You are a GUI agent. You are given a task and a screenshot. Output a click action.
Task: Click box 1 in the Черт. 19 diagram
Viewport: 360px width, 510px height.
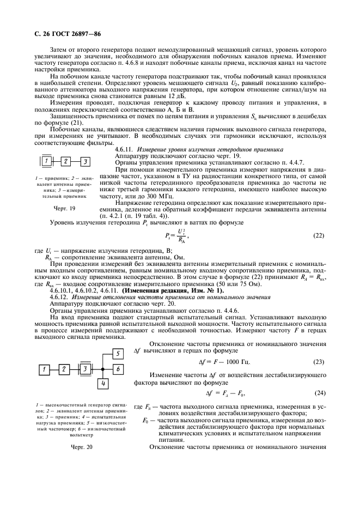pos(47,161)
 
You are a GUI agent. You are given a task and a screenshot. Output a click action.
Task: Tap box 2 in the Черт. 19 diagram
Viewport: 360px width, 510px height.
pos(66,161)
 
